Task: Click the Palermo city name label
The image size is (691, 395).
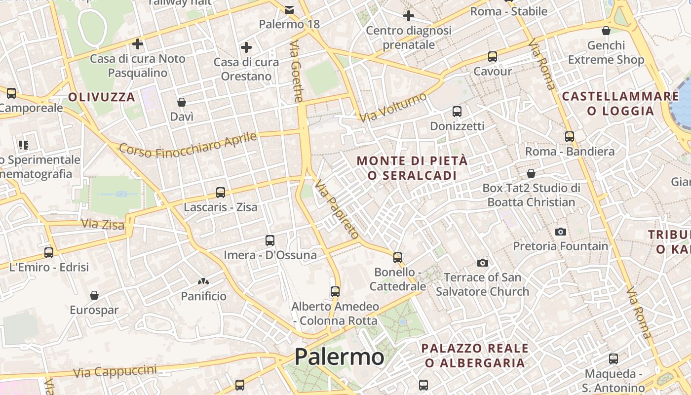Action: (339, 357)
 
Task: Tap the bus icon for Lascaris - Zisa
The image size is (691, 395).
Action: (221, 193)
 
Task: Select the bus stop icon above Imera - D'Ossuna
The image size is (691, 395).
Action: (270, 240)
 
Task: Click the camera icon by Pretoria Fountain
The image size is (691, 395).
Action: (561, 232)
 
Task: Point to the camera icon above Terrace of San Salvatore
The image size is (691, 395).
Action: (483, 263)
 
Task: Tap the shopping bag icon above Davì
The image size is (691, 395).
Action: (182, 102)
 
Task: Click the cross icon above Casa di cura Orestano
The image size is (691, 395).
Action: (246, 48)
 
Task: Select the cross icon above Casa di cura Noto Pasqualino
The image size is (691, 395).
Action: (138, 44)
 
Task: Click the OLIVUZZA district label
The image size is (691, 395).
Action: (102, 97)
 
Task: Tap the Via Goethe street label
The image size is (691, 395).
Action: (296, 72)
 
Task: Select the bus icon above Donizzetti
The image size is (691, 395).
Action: (457, 112)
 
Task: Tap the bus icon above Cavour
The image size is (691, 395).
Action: (493, 57)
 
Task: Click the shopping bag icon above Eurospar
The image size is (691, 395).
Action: (94, 295)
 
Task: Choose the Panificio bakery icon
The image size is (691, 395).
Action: (203, 281)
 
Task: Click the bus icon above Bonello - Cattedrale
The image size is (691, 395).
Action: (398, 257)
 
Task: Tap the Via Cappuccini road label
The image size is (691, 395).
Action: (115, 371)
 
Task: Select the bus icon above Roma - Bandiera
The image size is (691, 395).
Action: (570, 137)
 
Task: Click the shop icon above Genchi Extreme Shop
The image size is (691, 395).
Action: (606, 31)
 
